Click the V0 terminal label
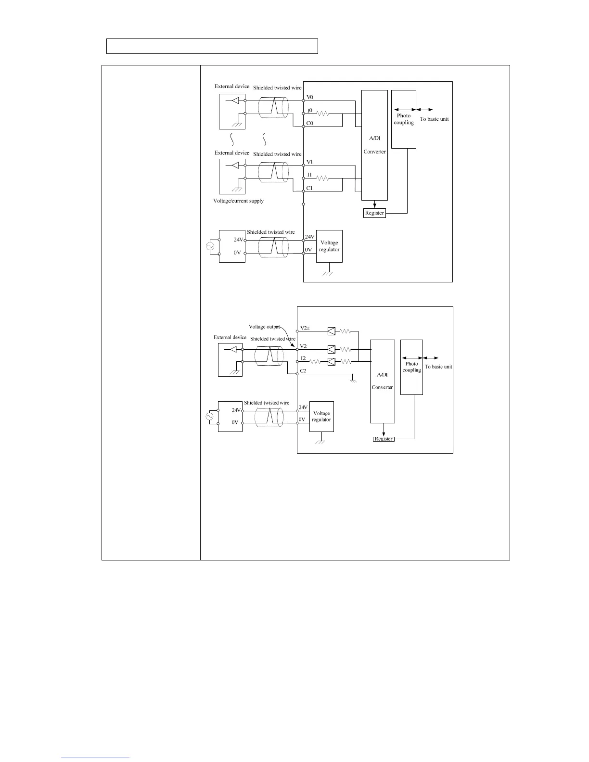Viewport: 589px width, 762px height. coord(310,97)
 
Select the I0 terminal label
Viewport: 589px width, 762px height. coord(310,111)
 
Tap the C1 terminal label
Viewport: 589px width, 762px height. coord(309,188)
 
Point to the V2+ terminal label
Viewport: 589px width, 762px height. coord(305,328)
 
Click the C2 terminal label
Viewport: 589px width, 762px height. coord(303,371)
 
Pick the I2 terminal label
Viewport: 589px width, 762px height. coord(303,358)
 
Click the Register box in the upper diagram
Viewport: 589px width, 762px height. coord(374,213)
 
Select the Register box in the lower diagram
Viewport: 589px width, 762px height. coord(384,439)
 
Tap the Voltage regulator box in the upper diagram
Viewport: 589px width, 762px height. coord(329,246)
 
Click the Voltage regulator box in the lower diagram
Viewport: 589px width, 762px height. coord(321,417)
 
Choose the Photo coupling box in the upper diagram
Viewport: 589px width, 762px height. coord(404,119)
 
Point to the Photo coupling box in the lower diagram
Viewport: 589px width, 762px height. coord(411,367)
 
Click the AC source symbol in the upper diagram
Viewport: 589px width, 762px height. coord(210,246)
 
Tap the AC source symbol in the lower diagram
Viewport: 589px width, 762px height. coord(209,417)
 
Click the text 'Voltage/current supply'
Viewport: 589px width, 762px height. coord(238,201)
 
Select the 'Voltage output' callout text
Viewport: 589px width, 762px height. coord(264,327)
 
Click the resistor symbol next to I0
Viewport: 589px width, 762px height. coord(322,114)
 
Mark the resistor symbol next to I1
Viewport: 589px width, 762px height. coord(322,178)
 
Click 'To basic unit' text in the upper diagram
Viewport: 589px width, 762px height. coord(434,119)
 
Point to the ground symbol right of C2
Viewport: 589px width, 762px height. coord(353,380)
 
